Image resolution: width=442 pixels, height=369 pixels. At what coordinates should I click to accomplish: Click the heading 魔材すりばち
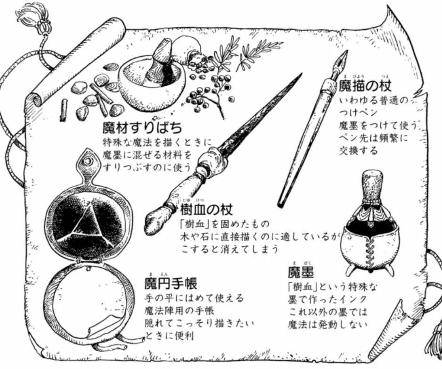pyautogui.click(x=142, y=128)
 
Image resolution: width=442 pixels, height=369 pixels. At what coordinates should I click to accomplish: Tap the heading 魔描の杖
pyautogui.click(x=365, y=85)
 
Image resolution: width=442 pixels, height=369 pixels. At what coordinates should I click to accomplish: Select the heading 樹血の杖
pyautogui.click(x=206, y=210)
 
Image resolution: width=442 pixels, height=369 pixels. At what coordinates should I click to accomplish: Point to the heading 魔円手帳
pyautogui.click(x=171, y=283)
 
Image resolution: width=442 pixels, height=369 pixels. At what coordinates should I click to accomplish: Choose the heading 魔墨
pyautogui.click(x=301, y=272)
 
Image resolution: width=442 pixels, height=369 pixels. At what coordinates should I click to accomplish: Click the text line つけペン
pyautogui.click(x=358, y=112)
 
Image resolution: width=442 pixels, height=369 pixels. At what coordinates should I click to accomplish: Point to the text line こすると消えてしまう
pyautogui.click(x=230, y=249)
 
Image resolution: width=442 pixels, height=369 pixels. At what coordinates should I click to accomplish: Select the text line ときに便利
pyautogui.click(x=169, y=336)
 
